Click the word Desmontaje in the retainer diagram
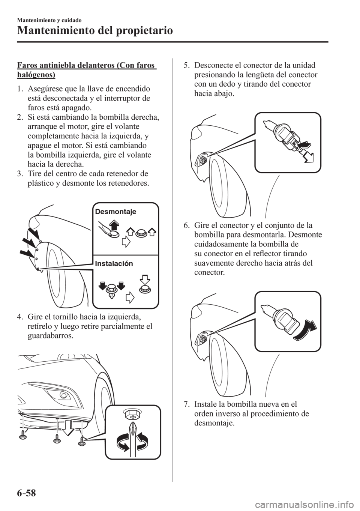(x=115, y=212)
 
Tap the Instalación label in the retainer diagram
(x=114, y=263)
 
